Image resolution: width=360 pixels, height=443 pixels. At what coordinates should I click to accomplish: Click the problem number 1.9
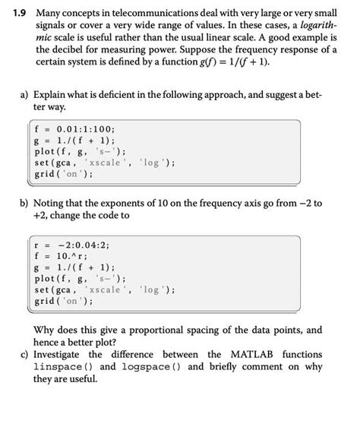(x=16, y=13)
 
